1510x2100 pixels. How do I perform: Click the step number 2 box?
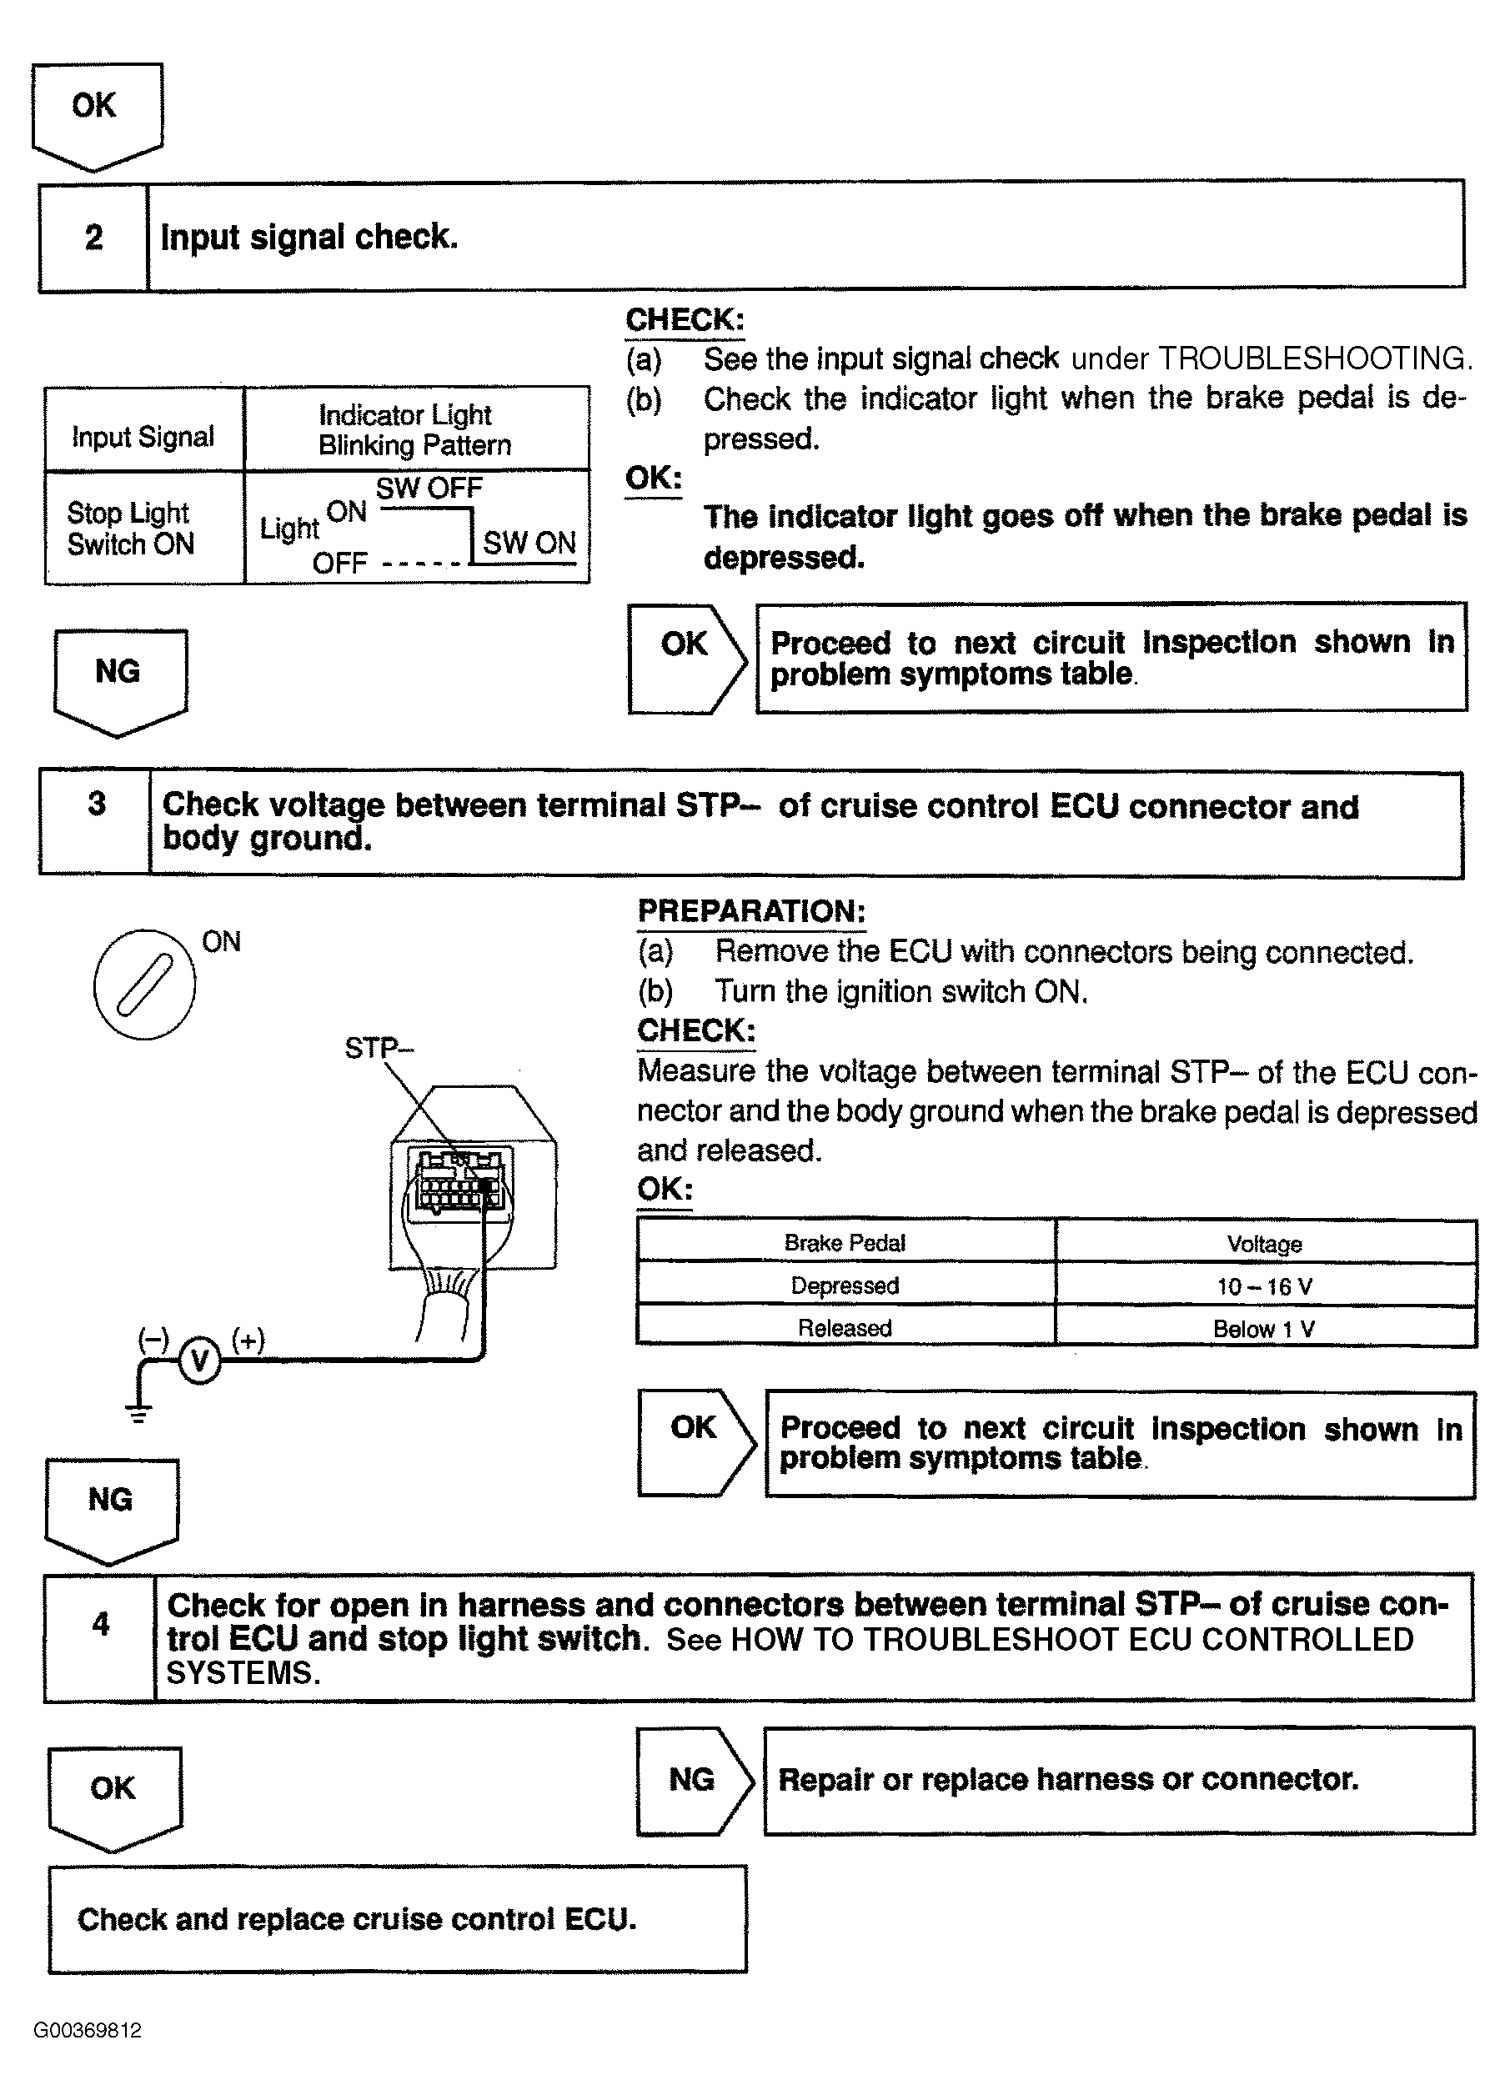(x=93, y=237)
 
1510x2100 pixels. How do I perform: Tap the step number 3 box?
(x=95, y=822)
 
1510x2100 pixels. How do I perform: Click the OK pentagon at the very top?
(x=96, y=111)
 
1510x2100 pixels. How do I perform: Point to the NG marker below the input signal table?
(x=119, y=679)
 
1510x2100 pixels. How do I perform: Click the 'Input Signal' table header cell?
(x=143, y=436)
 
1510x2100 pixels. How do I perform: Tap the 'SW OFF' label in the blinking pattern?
(x=429, y=488)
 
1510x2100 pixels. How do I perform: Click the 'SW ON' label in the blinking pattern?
(x=529, y=542)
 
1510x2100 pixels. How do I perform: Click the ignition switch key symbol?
(x=144, y=985)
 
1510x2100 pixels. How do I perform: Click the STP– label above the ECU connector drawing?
(x=379, y=1048)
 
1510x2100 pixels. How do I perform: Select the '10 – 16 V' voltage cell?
(x=1264, y=1286)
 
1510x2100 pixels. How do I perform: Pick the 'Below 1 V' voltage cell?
(x=1264, y=1329)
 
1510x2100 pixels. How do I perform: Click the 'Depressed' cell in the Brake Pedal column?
(x=845, y=1286)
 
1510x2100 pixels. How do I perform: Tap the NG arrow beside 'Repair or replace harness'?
(x=694, y=1781)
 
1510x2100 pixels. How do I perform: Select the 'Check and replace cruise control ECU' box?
(x=397, y=1918)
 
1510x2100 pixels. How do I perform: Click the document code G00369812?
(x=88, y=2031)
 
